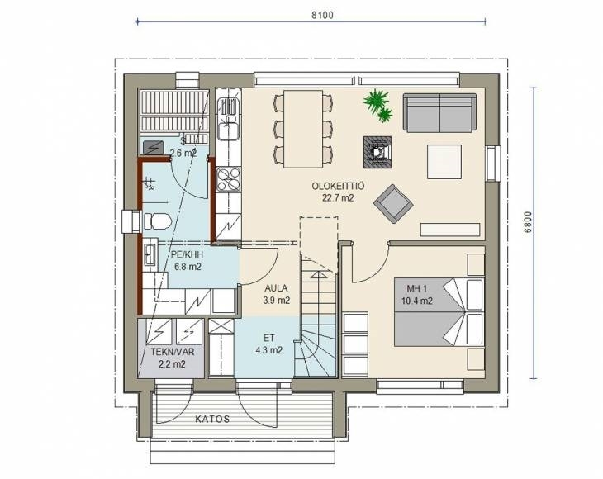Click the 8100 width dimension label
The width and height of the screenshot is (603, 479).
coord(322,15)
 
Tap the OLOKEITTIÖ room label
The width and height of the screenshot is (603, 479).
coord(338,187)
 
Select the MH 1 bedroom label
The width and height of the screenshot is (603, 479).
coord(416,289)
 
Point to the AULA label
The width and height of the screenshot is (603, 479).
coord(276,288)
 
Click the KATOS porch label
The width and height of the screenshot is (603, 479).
coord(212,419)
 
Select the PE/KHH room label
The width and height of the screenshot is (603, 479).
coord(187,254)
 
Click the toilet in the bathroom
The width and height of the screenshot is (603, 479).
coord(157,221)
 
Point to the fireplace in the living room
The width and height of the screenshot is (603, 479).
coord(377,152)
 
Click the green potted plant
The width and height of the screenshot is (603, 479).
coord(377,105)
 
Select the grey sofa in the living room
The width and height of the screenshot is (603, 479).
coord(439,113)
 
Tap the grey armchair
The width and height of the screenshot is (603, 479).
coord(393,203)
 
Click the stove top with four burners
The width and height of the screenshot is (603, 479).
coord(228,180)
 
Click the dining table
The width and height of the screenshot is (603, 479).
coord(303,129)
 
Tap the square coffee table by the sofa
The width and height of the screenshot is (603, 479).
coord(444,162)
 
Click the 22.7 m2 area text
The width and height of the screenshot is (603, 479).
coord(338,198)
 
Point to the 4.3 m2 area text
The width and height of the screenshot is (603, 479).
coord(269,350)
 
